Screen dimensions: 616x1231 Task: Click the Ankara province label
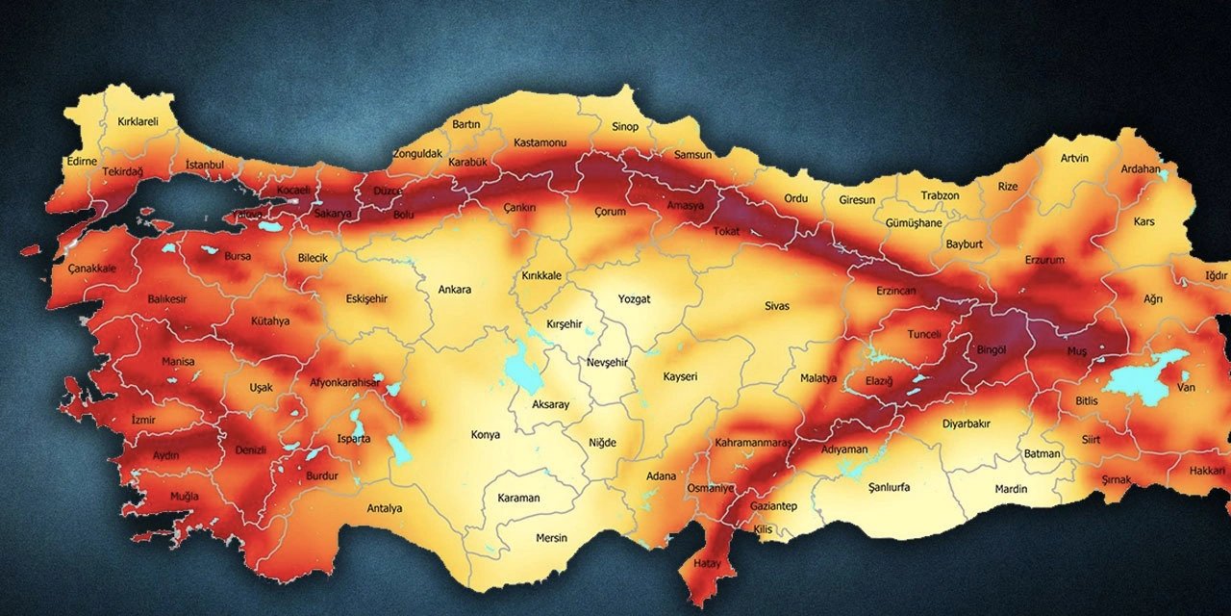click(455, 289)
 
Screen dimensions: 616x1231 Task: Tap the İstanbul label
click(205, 165)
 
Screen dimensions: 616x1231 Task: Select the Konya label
click(485, 435)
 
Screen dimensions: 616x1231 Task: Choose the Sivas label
click(777, 306)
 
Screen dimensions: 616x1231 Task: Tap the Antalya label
click(385, 508)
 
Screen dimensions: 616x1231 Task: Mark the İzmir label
click(142, 420)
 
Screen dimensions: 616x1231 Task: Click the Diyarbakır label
click(966, 423)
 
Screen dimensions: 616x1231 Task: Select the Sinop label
click(625, 126)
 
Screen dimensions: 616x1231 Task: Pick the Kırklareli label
click(138, 122)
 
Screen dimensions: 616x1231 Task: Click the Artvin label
click(1074, 158)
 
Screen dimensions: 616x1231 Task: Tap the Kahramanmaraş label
click(753, 443)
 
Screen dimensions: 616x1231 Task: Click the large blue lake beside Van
click(1143, 377)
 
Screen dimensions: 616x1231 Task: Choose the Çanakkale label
click(91, 269)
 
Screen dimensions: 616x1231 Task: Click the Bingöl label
click(991, 350)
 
